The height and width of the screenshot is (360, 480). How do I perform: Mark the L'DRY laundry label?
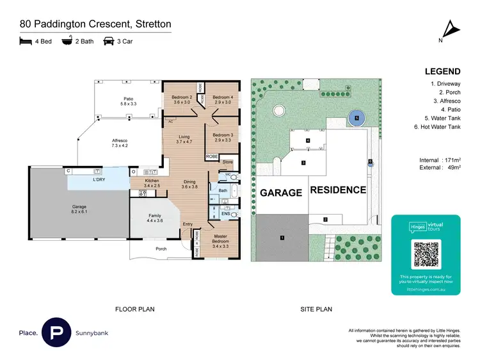[99, 180]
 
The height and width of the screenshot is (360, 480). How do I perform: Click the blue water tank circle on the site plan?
[356, 118]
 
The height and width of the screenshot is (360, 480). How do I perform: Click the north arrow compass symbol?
[452, 29]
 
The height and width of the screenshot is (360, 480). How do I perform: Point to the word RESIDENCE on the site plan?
[338, 190]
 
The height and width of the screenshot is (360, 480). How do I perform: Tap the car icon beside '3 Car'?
[108, 41]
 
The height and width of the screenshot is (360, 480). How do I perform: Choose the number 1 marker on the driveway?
[281, 238]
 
